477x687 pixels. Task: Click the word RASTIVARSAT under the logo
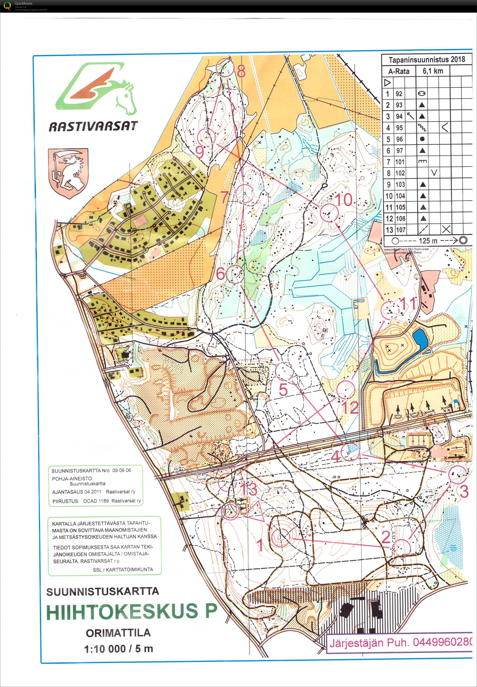pyautogui.click(x=93, y=126)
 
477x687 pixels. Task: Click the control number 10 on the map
pyautogui.click(x=343, y=200)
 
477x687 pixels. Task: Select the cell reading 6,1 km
pyautogui.click(x=432, y=71)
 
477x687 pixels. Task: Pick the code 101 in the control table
pyautogui.click(x=400, y=162)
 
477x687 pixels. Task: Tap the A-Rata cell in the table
pyautogui.click(x=398, y=71)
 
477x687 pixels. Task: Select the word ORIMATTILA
pyautogui.click(x=118, y=633)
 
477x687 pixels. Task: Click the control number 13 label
pyautogui.click(x=248, y=489)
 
